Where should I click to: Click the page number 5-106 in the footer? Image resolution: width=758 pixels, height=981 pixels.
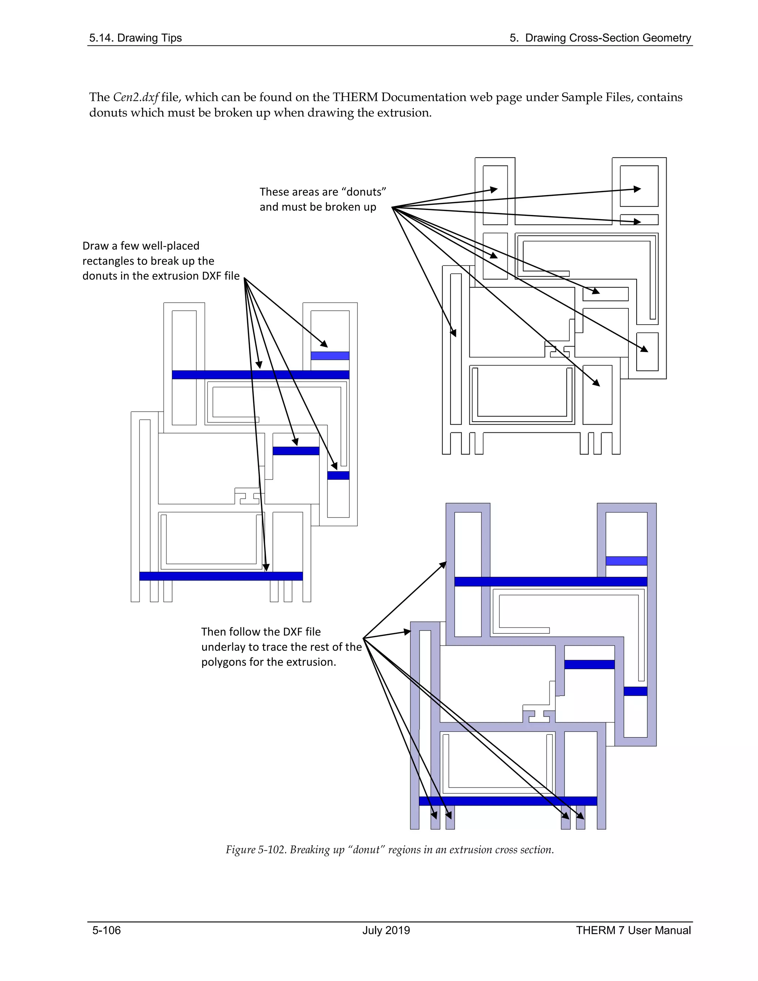pos(107,930)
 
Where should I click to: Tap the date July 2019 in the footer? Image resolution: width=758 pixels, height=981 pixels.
pos(386,930)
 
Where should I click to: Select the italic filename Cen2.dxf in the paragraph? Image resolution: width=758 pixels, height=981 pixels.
pos(135,97)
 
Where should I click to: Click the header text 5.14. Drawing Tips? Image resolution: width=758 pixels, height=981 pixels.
pos(135,38)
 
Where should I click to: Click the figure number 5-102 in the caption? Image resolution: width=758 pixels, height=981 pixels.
pos(272,849)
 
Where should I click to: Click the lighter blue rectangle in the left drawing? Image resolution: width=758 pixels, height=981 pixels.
pos(330,356)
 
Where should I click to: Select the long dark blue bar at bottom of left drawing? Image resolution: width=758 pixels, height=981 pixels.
pos(221,576)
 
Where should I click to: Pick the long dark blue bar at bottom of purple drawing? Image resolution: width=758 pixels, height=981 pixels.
pos(507,801)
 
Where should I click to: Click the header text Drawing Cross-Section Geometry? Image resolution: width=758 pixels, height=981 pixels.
pos(608,38)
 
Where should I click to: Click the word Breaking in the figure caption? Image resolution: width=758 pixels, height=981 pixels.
pos(308,849)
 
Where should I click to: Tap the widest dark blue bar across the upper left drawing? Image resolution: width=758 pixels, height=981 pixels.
pos(261,375)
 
